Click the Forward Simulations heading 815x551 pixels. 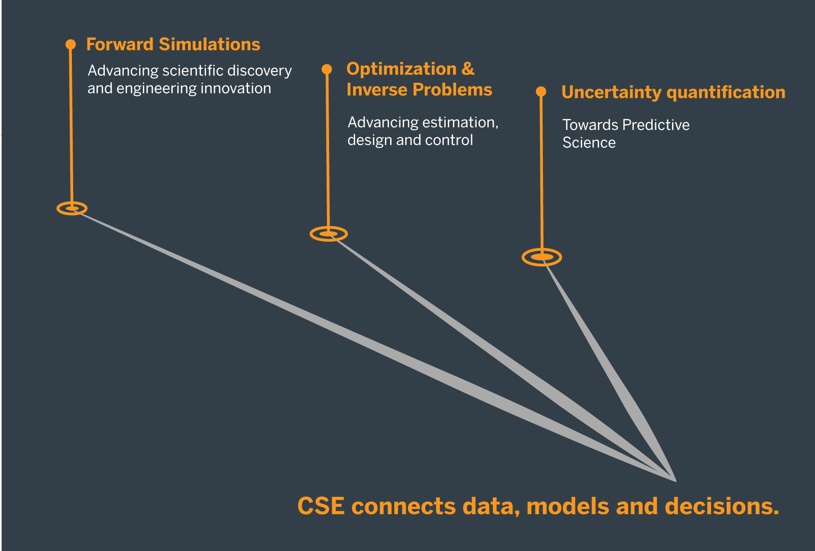173,45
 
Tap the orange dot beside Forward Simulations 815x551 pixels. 71,44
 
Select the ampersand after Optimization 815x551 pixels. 468,69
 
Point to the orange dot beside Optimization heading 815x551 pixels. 327,69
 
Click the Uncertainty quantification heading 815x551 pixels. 673,92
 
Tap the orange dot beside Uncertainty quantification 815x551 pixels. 541,91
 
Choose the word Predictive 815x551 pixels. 656,125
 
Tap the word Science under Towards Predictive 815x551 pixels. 589,143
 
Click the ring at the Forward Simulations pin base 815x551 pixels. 72,208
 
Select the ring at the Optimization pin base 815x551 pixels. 329,234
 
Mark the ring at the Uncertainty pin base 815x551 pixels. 542,257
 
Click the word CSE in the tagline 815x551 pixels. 321,506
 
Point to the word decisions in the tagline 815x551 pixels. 721,506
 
